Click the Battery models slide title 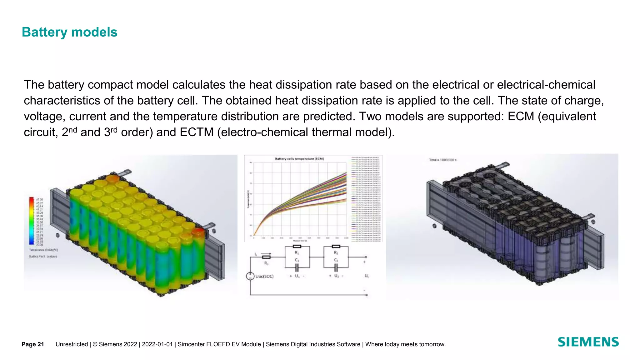[69, 32]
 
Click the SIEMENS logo [588, 342]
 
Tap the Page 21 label [32, 344]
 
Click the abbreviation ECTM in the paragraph [197, 132]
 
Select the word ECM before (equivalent [521, 116]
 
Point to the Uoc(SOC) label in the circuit [264, 276]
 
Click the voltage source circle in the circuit [250, 276]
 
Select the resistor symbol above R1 [297, 247]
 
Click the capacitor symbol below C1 [297, 267]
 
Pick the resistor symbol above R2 [336, 247]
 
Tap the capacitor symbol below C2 [336, 267]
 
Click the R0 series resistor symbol [267, 257]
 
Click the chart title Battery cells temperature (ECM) [299, 159]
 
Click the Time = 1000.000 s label [442, 160]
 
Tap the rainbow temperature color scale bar [32, 221]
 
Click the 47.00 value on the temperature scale [40, 199]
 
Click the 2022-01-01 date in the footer [157, 344]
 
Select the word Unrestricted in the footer [72, 344]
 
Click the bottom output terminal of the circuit [366, 295]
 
